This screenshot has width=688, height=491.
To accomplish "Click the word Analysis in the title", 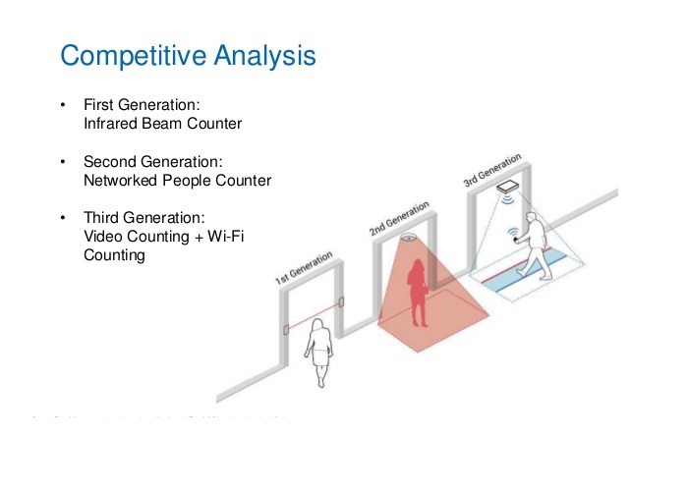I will [264, 55].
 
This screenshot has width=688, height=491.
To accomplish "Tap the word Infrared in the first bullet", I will [110, 125].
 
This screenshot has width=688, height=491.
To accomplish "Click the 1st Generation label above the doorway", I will [304, 269].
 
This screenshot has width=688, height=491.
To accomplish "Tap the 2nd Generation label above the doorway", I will [399, 218].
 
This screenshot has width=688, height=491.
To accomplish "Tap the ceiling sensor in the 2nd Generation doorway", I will [409, 238].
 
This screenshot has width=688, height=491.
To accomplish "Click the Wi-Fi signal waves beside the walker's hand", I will [512, 234].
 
